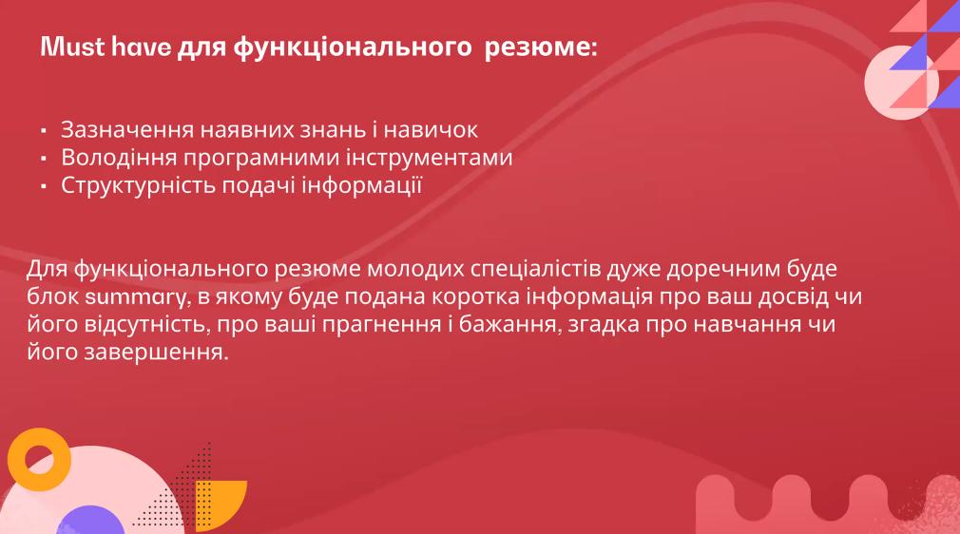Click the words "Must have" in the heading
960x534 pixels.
click(x=106, y=47)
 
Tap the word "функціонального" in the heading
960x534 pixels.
click(x=352, y=48)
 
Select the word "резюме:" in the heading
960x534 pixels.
click(x=541, y=48)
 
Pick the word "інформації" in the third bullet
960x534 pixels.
click(x=362, y=185)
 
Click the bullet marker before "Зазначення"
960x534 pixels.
click(x=44, y=130)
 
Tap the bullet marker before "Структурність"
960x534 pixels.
click(x=44, y=186)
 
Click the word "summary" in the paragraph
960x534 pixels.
click(x=135, y=297)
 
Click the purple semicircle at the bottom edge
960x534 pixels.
click(x=89, y=522)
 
